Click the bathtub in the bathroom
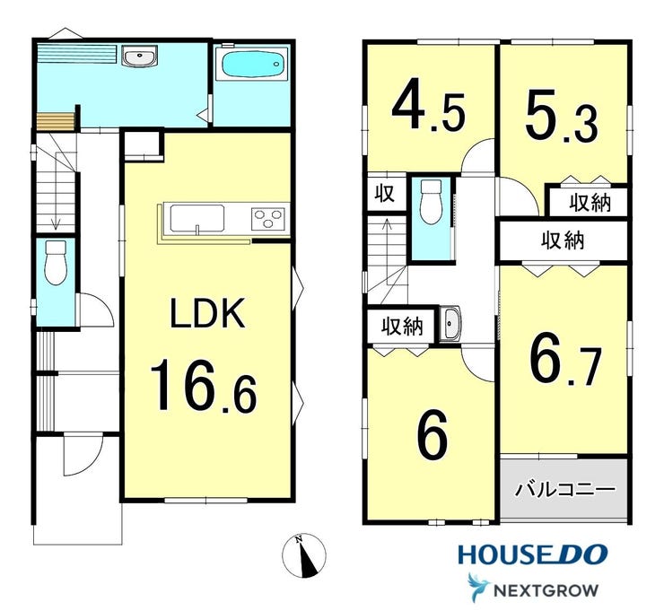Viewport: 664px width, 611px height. point(252,65)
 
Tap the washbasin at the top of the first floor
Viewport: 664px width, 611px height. point(140,56)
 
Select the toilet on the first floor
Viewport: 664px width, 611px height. point(56,263)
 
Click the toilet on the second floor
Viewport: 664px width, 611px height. point(432,201)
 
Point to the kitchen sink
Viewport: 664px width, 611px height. point(197,218)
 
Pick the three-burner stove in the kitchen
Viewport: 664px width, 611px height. point(268,219)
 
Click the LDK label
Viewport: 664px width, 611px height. point(207,313)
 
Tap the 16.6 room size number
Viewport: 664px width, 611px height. point(204,385)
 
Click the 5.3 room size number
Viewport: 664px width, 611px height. point(562,117)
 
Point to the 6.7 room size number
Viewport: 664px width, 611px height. point(565,364)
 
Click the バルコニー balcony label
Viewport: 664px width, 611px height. point(565,490)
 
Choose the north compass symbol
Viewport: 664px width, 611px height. point(304,555)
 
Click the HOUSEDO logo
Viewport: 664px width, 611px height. point(533,554)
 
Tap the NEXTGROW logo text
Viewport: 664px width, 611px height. point(546,589)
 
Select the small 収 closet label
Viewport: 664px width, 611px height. point(385,194)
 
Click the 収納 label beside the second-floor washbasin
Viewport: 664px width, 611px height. point(402,326)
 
